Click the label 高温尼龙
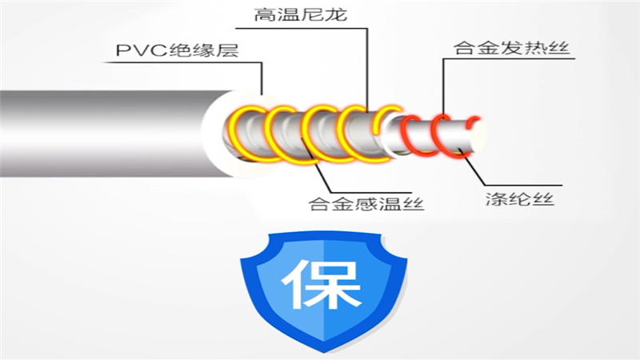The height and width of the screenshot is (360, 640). tap(311, 15)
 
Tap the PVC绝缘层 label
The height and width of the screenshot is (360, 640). tap(178, 53)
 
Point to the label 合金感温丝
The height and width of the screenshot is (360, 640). tap(366, 204)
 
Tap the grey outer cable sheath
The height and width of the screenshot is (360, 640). tap(96, 133)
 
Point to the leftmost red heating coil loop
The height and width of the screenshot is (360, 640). tap(414, 132)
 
